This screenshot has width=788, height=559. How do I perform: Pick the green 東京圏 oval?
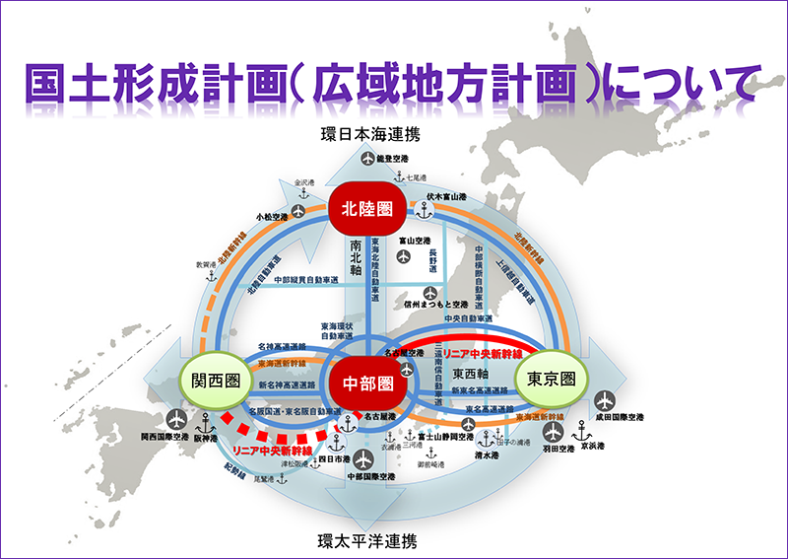550,379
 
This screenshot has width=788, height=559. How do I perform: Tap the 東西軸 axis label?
471,375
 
